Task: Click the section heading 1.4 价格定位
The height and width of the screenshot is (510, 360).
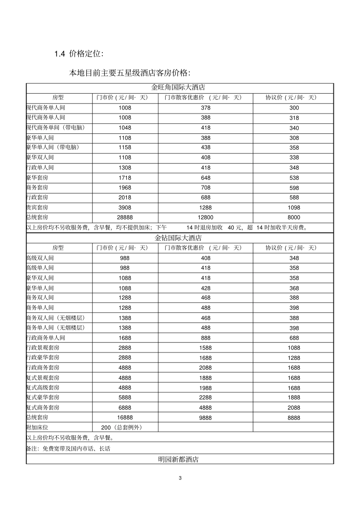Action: coord(79,54)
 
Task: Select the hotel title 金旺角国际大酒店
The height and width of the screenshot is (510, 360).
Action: coord(178,87)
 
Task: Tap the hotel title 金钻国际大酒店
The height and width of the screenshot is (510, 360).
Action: coord(178,238)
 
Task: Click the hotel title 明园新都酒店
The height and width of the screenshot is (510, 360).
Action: coord(178,459)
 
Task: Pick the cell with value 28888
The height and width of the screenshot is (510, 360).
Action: coord(125,217)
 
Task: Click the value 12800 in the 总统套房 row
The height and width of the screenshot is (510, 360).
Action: coord(205,217)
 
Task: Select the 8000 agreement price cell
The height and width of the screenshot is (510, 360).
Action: coord(294,217)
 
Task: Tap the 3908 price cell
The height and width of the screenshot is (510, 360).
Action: coord(125,207)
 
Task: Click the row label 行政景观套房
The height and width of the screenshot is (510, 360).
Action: coord(43,347)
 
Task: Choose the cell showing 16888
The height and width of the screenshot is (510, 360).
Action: coord(125,417)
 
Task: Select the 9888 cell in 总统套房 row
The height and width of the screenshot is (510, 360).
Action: coord(205,417)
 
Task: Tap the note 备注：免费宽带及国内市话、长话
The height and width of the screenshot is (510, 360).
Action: coord(68,449)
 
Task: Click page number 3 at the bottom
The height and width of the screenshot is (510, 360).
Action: coord(180,478)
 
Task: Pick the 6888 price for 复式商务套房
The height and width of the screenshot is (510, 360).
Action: coord(125,408)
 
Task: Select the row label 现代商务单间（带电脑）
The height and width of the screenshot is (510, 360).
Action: coord(55,127)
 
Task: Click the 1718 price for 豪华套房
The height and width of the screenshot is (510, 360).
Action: coord(125,177)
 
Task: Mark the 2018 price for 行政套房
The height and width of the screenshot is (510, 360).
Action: coord(125,197)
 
